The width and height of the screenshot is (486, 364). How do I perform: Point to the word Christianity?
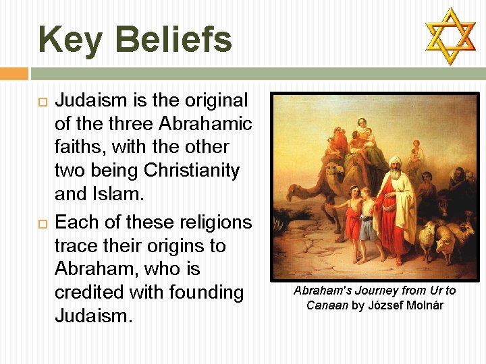tap(192, 171)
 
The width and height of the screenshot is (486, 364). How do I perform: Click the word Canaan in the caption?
tap(327, 305)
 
